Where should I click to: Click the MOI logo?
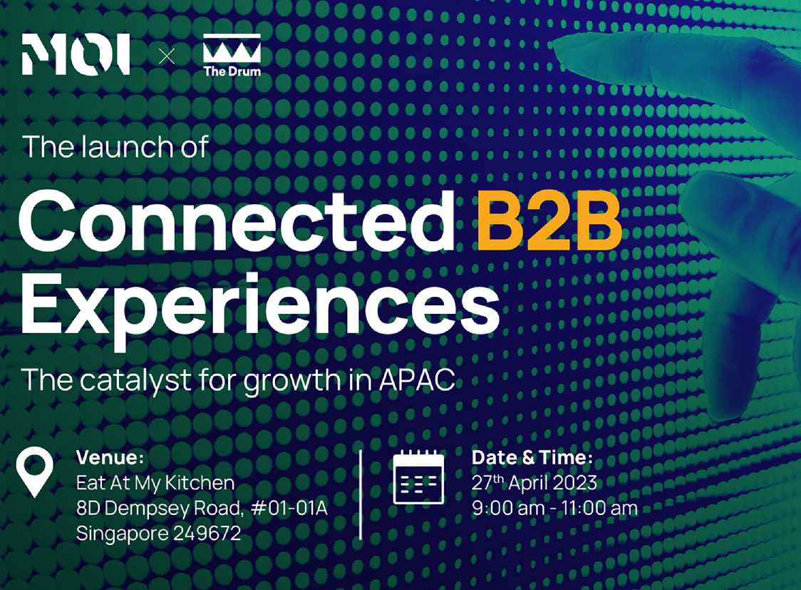tap(76, 54)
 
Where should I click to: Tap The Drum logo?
tap(232, 55)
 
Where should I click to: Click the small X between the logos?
tap(167, 56)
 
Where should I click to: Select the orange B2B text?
tap(549, 221)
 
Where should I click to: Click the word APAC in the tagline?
tap(417, 380)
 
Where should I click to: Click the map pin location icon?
tap(34, 472)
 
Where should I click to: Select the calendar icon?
tap(418, 477)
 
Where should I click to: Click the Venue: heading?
tap(110, 457)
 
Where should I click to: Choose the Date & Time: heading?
tap(532, 457)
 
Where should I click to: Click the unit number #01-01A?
tap(289, 508)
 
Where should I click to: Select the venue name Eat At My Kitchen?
tap(155, 483)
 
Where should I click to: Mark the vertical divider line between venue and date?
tap(361, 494)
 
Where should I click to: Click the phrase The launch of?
tap(115, 147)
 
